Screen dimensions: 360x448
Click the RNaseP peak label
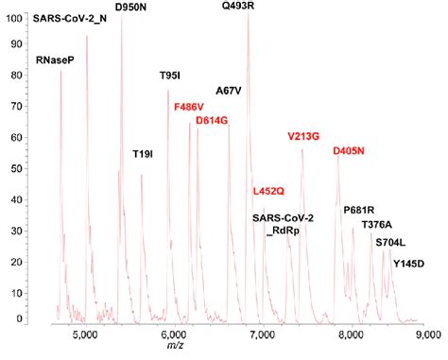pyautogui.click(x=55, y=60)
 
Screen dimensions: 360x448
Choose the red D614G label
pyautogui.click(x=213, y=121)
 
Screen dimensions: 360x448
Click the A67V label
pyautogui.click(x=229, y=91)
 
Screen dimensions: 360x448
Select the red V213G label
pyautogui.click(x=305, y=136)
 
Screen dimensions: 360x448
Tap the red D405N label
pyautogui.click(x=351, y=150)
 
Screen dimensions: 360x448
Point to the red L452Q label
pyautogui.click(x=268, y=190)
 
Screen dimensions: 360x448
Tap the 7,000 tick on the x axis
pyautogui.click(x=262, y=334)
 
